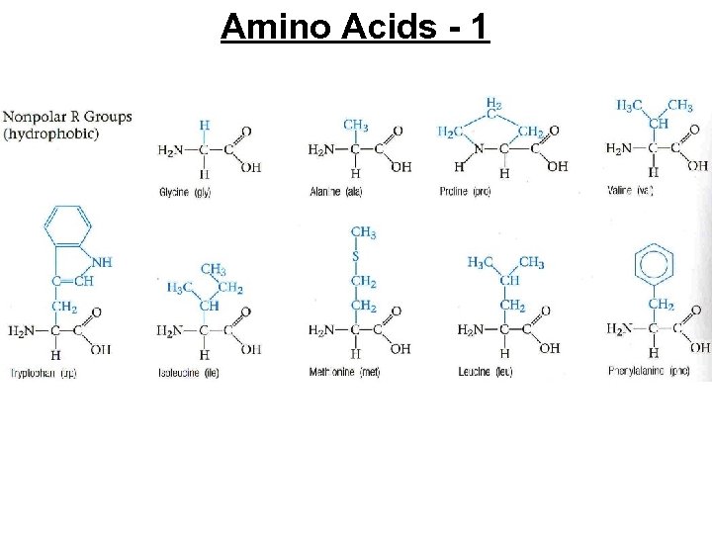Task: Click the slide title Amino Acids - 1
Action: (x=355, y=27)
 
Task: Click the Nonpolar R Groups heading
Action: (x=67, y=117)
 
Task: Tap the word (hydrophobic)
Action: (x=51, y=133)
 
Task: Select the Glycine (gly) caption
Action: (x=184, y=191)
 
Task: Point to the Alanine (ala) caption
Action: (x=335, y=191)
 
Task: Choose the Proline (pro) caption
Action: (x=465, y=191)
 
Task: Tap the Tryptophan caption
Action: (x=41, y=373)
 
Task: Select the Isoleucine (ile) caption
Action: (x=188, y=373)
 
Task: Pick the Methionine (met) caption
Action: (x=344, y=372)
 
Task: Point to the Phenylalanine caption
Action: (x=649, y=372)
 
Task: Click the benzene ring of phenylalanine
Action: (x=654, y=264)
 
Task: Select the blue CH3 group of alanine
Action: (x=356, y=125)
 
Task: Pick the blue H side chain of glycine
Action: (x=204, y=126)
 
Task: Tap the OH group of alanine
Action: (x=400, y=167)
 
